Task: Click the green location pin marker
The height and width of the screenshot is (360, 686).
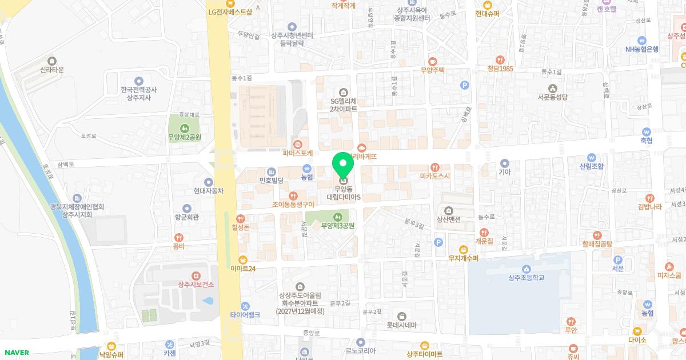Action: [343, 164]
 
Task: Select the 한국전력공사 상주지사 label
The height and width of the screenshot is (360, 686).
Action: [138, 94]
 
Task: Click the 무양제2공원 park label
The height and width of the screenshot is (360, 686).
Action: [184, 137]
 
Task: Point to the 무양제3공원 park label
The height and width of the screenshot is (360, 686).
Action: [337, 225]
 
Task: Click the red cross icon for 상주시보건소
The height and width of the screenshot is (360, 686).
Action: [196, 275]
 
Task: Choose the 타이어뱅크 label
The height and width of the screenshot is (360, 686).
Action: [245, 314]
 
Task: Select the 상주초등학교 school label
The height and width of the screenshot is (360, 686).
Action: [526, 278]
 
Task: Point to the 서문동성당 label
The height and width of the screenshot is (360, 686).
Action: [552, 97]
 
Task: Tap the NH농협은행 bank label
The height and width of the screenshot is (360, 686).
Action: [641, 49]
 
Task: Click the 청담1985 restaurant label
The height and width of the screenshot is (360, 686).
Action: [500, 68]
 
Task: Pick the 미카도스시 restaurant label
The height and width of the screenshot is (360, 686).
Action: [435, 175]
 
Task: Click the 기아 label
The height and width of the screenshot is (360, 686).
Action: [504, 171]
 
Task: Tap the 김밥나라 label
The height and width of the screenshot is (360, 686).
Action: [649, 206]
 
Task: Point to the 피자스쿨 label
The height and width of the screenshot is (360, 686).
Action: [669, 275]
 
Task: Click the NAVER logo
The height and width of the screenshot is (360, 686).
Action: [15, 352]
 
